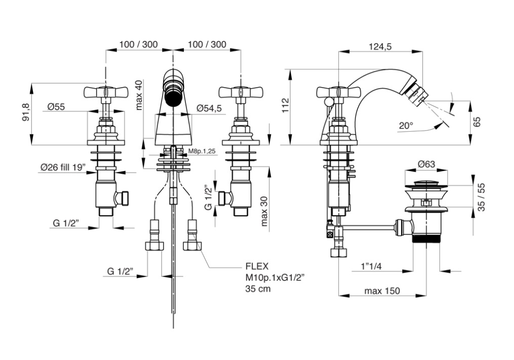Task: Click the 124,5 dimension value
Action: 380,47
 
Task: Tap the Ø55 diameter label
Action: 56,107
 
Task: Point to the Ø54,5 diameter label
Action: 209,108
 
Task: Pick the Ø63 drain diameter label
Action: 427,164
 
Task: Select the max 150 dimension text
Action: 382,291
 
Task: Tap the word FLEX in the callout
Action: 257,266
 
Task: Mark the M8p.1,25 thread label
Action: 202,151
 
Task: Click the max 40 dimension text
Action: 139,96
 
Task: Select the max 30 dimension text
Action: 264,211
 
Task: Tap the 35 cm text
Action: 258,289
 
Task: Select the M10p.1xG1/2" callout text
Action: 275,278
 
